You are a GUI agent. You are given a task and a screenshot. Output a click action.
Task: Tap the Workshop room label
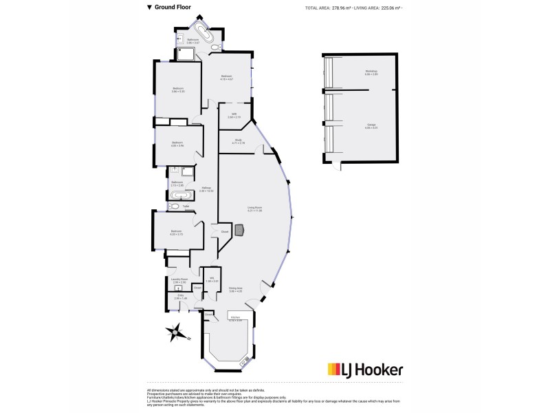coord(371,73)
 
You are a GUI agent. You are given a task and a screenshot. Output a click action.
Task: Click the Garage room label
coord(371,126)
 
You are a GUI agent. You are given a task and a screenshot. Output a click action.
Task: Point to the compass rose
coord(177,332)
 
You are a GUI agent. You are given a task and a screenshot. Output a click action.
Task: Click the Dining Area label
coord(236,290)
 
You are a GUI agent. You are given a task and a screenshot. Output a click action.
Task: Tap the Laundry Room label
coord(180,280)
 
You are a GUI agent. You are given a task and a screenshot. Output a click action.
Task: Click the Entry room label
coord(180,297)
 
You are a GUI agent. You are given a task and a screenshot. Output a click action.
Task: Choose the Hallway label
coord(206,189)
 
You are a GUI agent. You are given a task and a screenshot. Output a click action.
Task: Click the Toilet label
coord(186,206)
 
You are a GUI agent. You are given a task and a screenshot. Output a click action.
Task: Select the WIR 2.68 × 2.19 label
coord(234,116)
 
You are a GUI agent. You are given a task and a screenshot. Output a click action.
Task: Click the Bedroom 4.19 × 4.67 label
coord(226,78)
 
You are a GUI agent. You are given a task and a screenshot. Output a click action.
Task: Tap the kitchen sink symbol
coord(243,360)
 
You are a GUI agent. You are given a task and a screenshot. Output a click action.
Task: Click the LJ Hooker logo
coord(365,370)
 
